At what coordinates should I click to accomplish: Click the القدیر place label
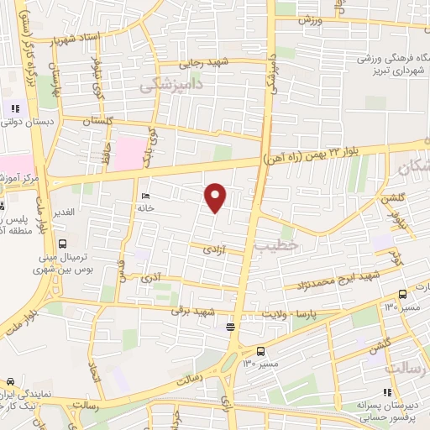[62, 212]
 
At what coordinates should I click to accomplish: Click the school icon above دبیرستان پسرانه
[386, 391]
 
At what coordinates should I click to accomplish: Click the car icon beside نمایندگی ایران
[10, 380]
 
